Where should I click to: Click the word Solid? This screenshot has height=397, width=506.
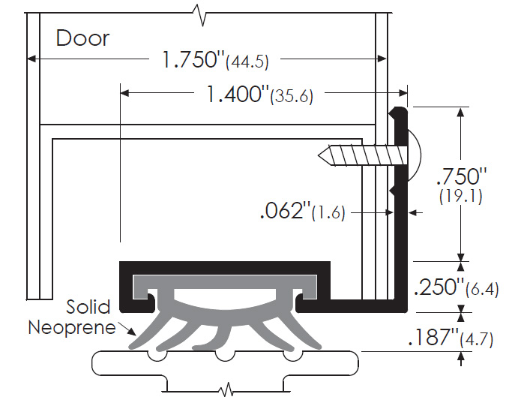click(x=88, y=306)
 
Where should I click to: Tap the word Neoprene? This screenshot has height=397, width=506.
click(x=72, y=327)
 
